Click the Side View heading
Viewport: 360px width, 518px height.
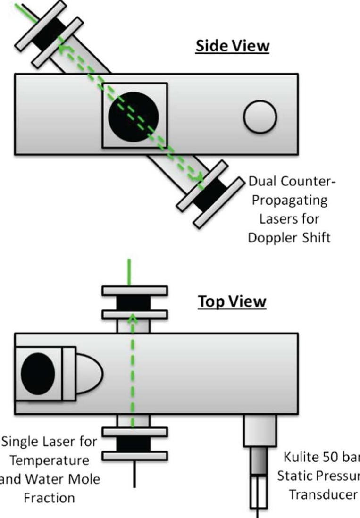(x=232, y=46)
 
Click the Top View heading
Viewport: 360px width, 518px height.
(x=232, y=301)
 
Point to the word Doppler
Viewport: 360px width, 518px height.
(x=271, y=237)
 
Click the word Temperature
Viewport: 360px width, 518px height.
(x=49, y=460)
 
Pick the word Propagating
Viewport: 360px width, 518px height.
(x=289, y=200)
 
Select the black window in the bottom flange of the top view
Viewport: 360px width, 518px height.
(x=134, y=444)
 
